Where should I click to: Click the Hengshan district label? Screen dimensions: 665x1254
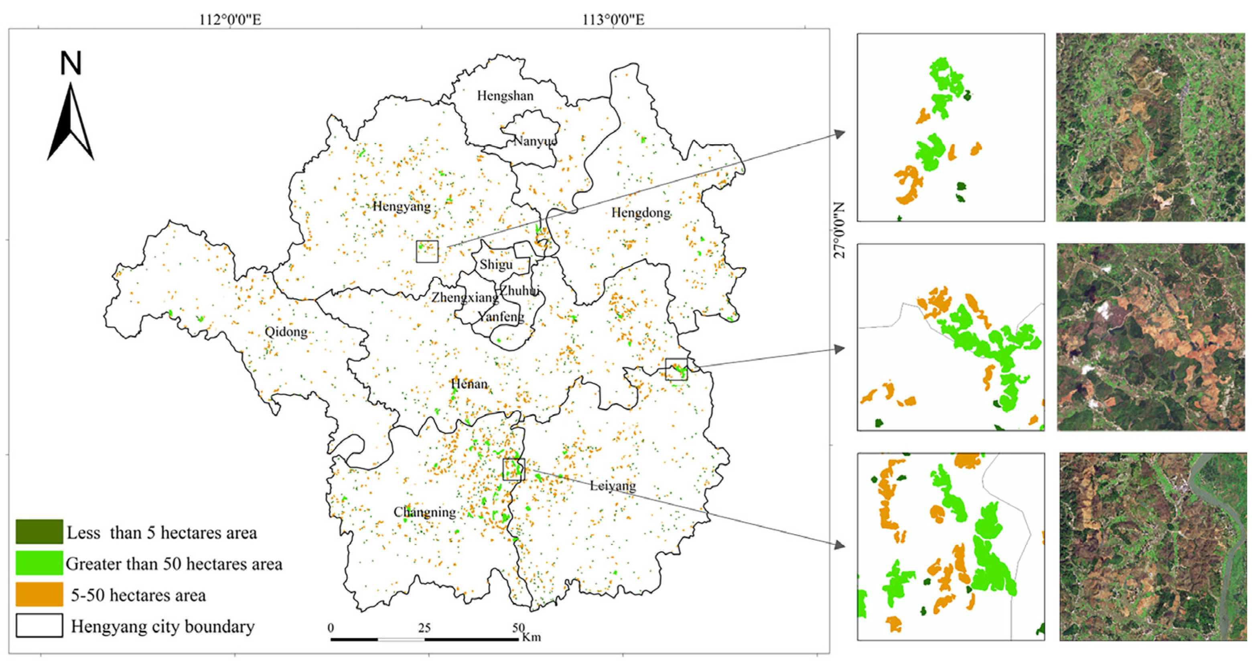pyautogui.click(x=505, y=95)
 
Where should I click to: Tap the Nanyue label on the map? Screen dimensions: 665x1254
pyautogui.click(x=534, y=141)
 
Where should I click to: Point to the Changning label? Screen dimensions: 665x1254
pyautogui.click(x=424, y=512)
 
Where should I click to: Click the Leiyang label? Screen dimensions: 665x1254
pyautogui.click(x=613, y=485)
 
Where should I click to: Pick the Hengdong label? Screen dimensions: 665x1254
pyautogui.click(x=640, y=212)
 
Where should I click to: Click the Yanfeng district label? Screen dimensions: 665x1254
pyautogui.click(x=501, y=317)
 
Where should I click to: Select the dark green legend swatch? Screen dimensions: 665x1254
pyautogui.click(x=39, y=531)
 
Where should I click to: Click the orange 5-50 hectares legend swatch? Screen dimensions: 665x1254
pyautogui.click(x=39, y=594)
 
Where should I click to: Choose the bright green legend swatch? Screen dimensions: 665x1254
pyautogui.click(x=39, y=563)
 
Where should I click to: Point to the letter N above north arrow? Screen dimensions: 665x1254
pyautogui.click(x=71, y=64)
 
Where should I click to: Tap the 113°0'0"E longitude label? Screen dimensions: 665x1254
pyautogui.click(x=613, y=20)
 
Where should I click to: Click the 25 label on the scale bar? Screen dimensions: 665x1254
pyautogui.click(x=424, y=628)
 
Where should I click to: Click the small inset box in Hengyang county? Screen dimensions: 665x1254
pyautogui.click(x=427, y=251)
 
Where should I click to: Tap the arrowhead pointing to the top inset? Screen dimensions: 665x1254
pyautogui.click(x=840, y=134)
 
